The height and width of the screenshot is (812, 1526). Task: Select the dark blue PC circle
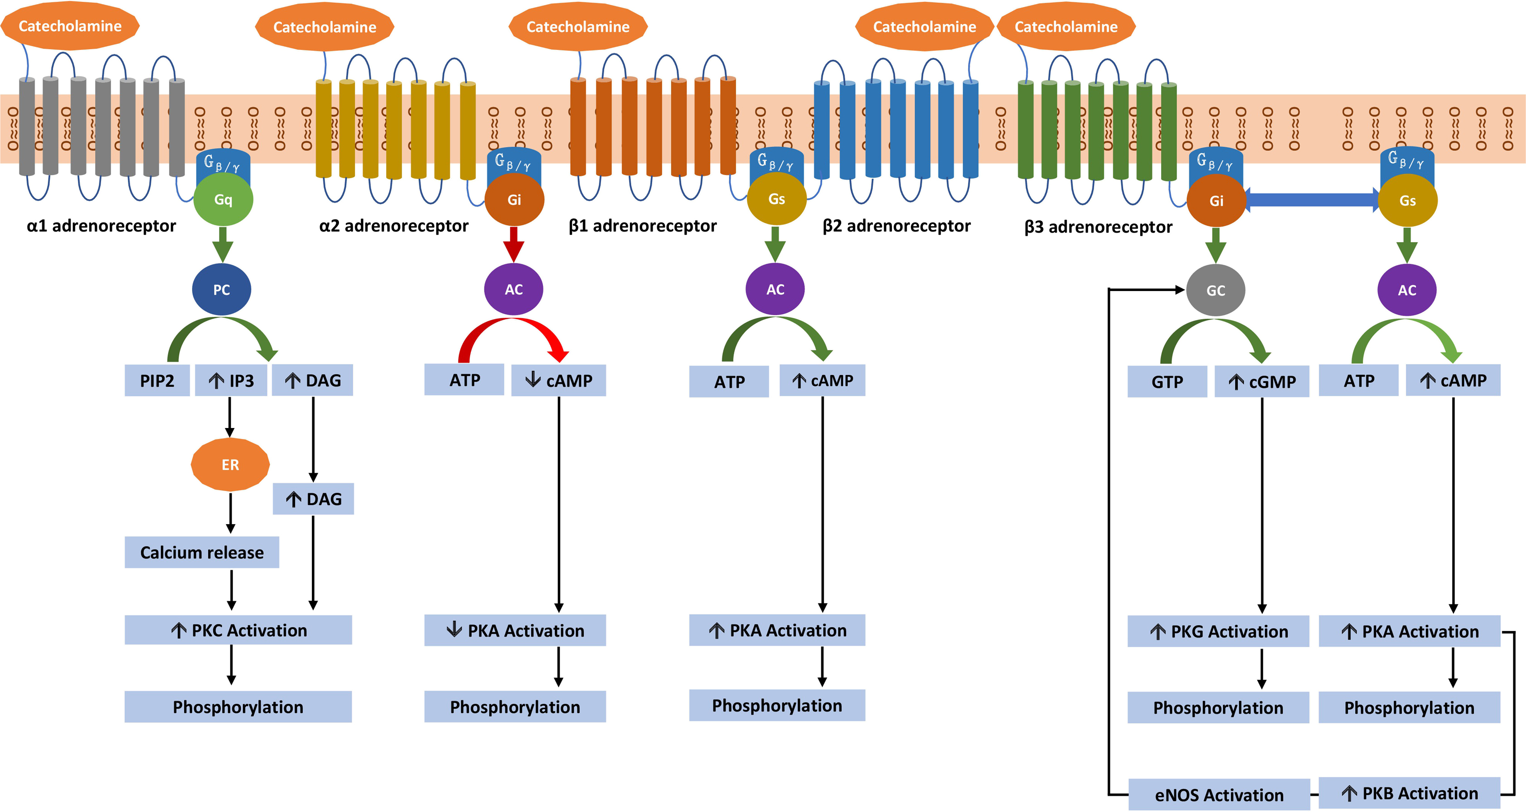pyautogui.click(x=222, y=290)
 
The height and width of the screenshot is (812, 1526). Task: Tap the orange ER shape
pyautogui.click(x=230, y=465)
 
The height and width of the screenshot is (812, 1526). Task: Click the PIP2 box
pyautogui.click(x=157, y=380)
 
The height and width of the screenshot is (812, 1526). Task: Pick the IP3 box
pyautogui.click(x=231, y=380)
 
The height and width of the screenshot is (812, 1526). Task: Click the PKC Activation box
pyautogui.click(x=238, y=630)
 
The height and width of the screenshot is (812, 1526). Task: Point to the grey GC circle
pyautogui.click(x=1216, y=291)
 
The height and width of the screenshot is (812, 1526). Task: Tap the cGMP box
pyautogui.click(x=1262, y=382)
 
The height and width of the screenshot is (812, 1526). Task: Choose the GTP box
pyautogui.click(x=1167, y=382)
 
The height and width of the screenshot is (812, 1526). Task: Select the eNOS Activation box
pyautogui.click(x=1219, y=795)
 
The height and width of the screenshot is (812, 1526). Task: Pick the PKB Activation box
pyautogui.click(x=1410, y=793)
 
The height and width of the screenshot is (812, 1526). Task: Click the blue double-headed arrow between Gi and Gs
pyautogui.click(x=1312, y=200)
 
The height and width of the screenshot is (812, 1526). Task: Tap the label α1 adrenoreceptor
pyautogui.click(x=102, y=226)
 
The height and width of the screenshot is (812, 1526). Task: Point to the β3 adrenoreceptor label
pyautogui.click(x=1098, y=227)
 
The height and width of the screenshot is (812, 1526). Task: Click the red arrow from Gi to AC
pyautogui.click(x=514, y=243)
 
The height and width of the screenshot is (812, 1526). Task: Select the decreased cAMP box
pyautogui.click(x=559, y=380)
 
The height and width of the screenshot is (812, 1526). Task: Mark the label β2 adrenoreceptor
pyautogui.click(x=896, y=226)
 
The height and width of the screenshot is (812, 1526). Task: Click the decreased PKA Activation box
pyautogui.click(x=515, y=630)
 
